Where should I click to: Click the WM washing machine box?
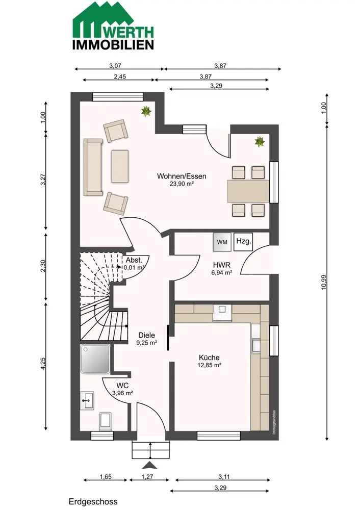click(222, 242)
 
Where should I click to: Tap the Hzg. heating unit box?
click(243, 242)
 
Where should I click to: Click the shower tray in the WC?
click(95, 359)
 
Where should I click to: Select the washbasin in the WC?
click(87, 400)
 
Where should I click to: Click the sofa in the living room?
click(93, 167)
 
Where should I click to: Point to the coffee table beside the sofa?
click(120, 166)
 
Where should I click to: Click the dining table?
click(248, 191)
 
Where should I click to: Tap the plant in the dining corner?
click(260, 141)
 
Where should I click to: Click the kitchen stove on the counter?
click(222, 313)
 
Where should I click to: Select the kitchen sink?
click(255, 345)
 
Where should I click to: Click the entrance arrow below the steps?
click(149, 466)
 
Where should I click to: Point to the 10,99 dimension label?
click(324, 283)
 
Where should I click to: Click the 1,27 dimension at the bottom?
click(147, 477)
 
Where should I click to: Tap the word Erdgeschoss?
click(93, 501)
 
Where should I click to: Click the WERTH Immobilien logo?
click(113, 25)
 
